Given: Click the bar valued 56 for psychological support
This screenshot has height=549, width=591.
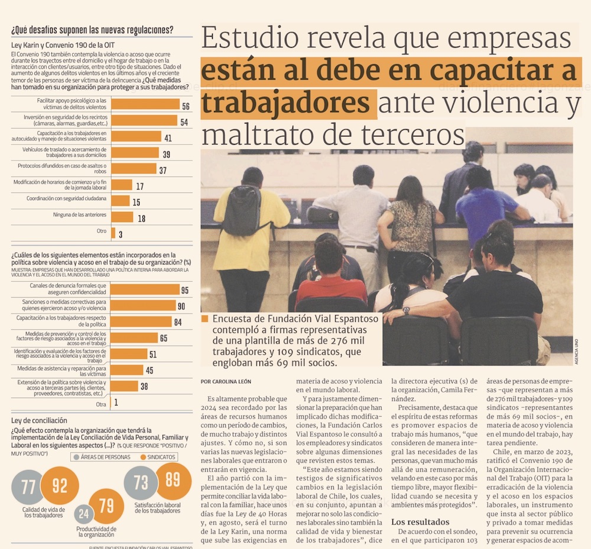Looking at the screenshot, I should click(x=145, y=104).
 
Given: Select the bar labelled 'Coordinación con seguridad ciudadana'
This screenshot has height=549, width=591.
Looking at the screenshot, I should click(x=121, y=201).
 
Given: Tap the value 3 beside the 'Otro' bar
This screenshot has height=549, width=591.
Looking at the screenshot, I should click(x=120, y=233).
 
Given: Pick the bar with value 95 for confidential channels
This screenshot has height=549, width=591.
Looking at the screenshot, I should click(x=145, y=289).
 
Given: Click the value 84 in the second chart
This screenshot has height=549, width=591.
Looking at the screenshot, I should click(x=177, y=322).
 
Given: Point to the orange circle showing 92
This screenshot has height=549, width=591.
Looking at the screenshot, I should click(x=60, y=486).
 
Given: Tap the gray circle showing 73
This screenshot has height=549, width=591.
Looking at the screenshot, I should click(x=141, y=482).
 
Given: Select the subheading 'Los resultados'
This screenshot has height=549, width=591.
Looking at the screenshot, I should click(x=420, y=521).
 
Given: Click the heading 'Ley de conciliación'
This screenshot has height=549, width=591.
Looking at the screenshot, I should click(x=39, y=420).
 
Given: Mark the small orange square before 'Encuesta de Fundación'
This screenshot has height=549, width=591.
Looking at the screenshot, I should click(x=204, y=319).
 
